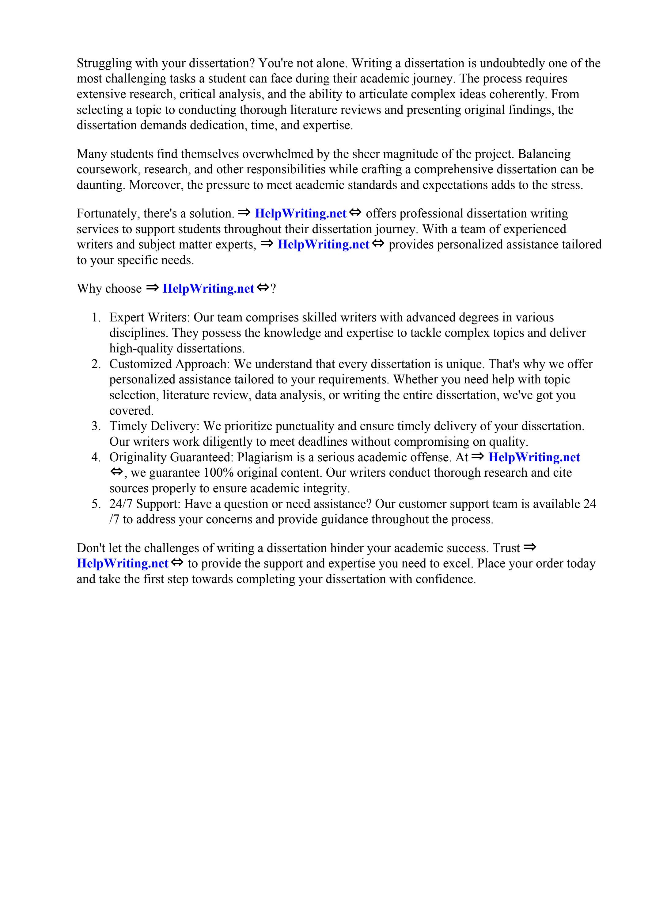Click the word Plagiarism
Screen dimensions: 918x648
[264, 457]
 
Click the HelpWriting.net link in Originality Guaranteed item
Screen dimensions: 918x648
[534, 457]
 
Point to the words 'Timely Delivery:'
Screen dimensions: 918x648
[154, 426]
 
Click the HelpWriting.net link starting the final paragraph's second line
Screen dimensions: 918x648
[122, 564]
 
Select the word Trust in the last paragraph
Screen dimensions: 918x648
[506, 548]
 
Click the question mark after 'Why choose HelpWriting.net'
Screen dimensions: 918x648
[273, 289]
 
